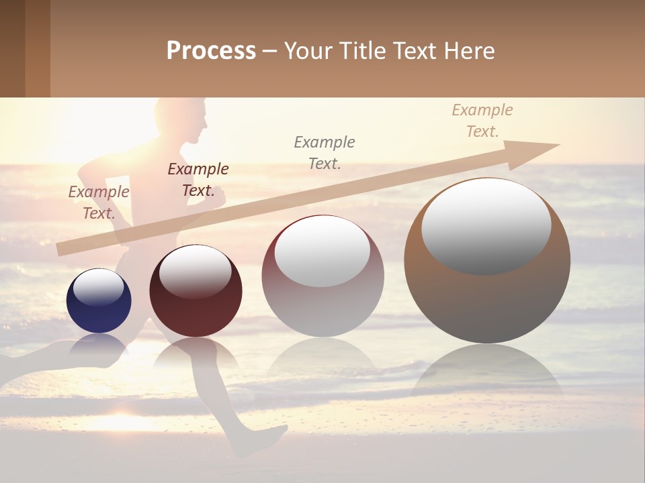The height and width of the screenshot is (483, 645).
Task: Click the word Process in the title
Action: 211,51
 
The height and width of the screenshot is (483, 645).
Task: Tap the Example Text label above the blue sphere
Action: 99,202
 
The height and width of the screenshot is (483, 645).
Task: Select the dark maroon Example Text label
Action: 198,179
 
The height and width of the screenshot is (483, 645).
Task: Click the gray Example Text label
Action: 325,152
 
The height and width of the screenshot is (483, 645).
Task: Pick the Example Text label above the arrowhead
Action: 482,121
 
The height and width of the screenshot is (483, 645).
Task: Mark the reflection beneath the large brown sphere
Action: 487,372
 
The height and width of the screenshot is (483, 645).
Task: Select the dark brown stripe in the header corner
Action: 12,48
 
